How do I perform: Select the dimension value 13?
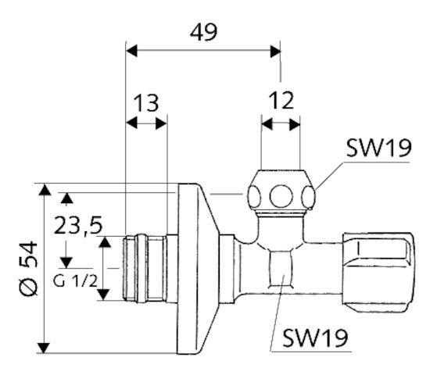pyautogui.click(x=145, y=102)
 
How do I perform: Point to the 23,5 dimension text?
pyautogui.click(x=78, y=225)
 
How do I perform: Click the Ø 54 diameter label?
pyautogui.click(x=27, y=267)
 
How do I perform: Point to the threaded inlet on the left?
pyautogui.click(x=145, y=266)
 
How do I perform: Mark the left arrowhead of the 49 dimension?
pyautogui.click(x=131, y=51)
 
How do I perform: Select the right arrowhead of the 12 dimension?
pyautogui.click(x=296, y=123)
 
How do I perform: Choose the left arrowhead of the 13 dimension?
pyautogui.click(x=131, y=123)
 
